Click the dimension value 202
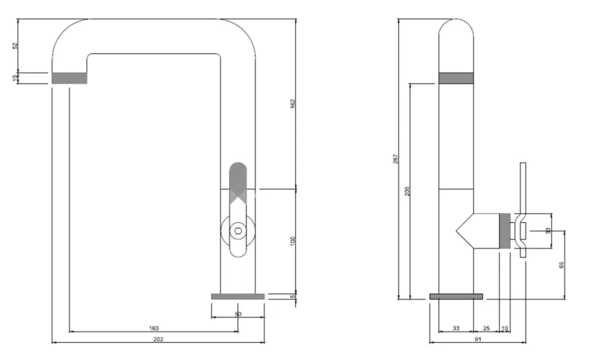[x=158, y=338]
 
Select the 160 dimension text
[x=154, y=328]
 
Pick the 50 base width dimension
[x=238, y=314]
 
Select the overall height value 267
[x=396, y=158]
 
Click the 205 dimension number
[x=407, y=190]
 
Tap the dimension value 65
[x=562, y=265]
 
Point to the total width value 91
[x=478, y=338]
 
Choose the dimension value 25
[x=486, y=328]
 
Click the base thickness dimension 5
[x=294, y=296]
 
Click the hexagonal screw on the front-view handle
[x=238, y=232]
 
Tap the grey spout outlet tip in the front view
[x=69, y=77]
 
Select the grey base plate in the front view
[x=238, y=296]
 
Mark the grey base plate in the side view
[x=456, y=296]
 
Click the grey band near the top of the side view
[x=456, y=77]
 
